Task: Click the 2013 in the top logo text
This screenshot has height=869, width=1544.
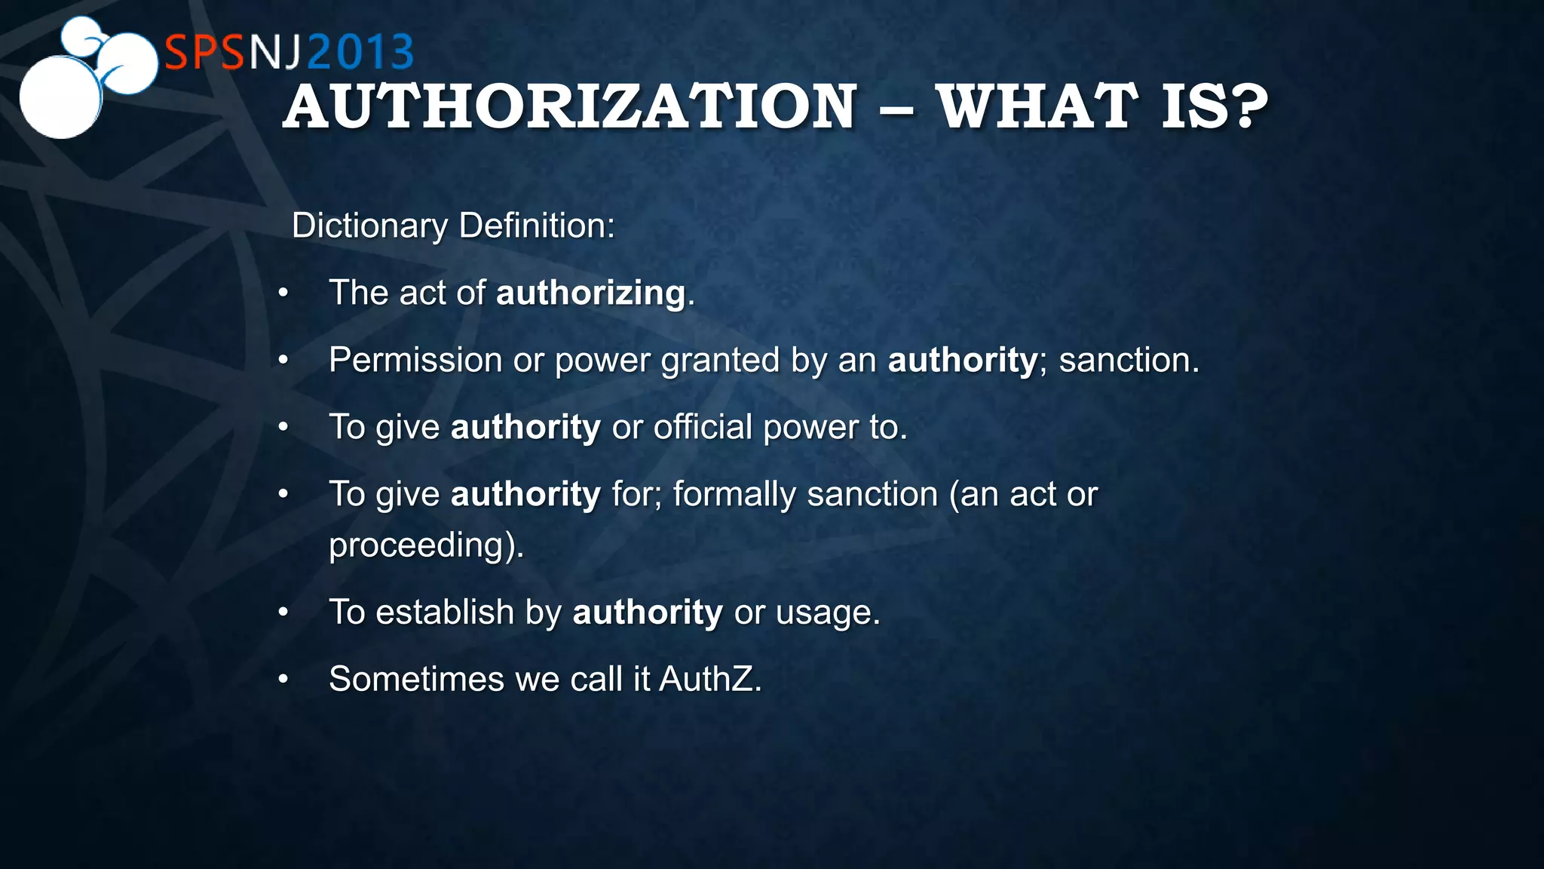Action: pyautogui.click(x=360, y=53)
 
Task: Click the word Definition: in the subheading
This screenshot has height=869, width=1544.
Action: pyautogui.click(x=537, y=226)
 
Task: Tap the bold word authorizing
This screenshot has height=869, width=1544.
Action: pyautogui.click(x=591, y=293)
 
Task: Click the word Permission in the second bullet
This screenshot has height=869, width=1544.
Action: pyautogui.click(x=415, y=360)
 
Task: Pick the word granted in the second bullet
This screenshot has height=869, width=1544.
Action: pyautogui.click(x=720, y=360)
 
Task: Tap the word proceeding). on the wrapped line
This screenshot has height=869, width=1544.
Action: pyautogui.click(x=426, y=545)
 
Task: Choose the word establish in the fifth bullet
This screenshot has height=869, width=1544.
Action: pyautogui.click(x=445, y=612)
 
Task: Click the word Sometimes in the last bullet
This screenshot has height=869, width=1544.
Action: pyautogui.click(x=416, y=679)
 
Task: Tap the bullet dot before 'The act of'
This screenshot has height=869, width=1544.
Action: pyautogui.click(x=283, y=293)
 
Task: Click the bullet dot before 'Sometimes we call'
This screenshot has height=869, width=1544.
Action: pyautogui.click(x=283, y=679)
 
